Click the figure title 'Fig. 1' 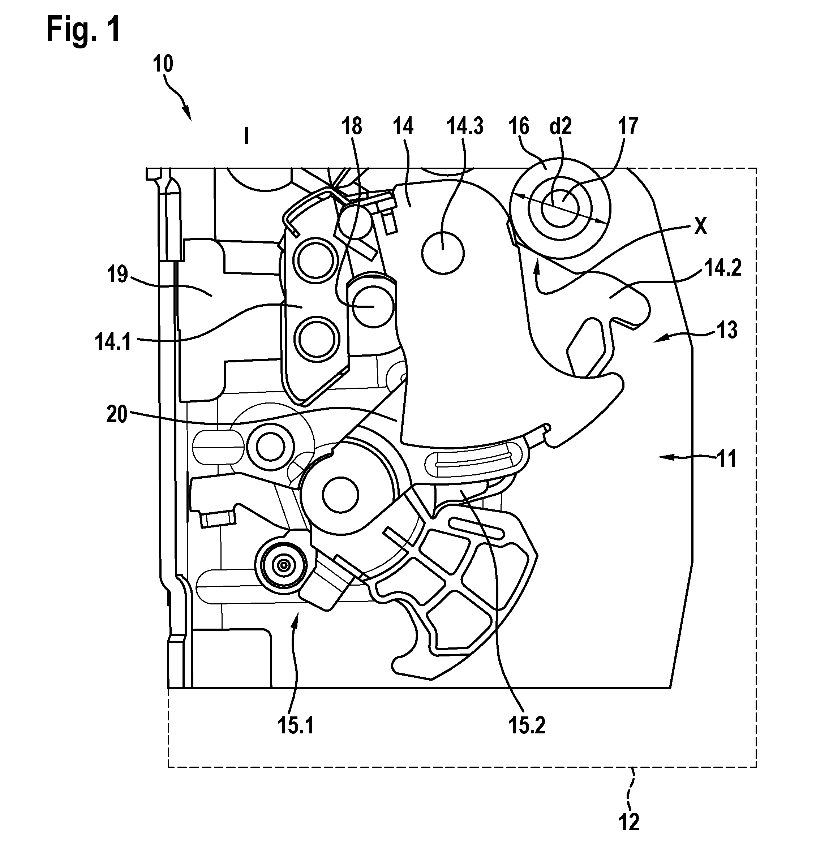(x=83, y=29)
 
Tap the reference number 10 (x=163, y=64)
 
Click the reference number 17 (x=627, y=126)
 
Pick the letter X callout (x=700, y=227)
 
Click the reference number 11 (x=726, y=459)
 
